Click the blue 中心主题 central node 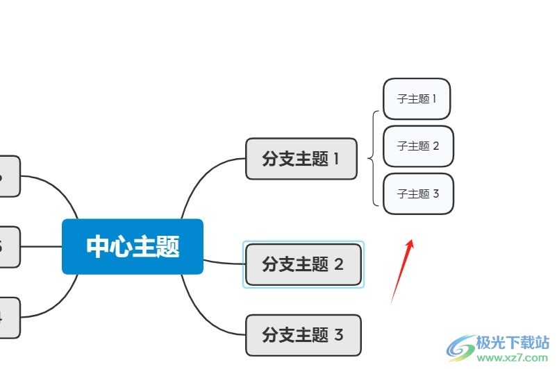(132, 246)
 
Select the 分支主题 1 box (301, 159)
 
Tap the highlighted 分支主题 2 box (304, 264)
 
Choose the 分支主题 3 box (304, 336)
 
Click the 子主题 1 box (417, 98)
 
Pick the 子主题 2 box (418, 146)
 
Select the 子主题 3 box (418, 194)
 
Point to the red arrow (402, 271)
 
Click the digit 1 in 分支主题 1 (336, 159)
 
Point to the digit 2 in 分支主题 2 (339, 264)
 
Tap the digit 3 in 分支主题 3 (339, 336)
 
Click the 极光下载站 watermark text (513, 343)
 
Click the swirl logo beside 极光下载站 (460, 346)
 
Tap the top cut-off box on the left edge (8, 176)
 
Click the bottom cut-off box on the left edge (8, 317)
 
